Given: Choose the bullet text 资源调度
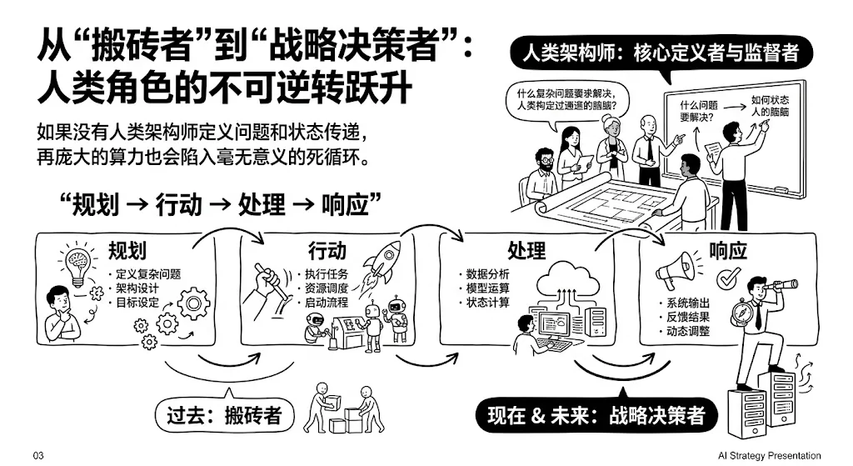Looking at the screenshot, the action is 325,288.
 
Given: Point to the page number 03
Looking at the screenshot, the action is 37,456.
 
